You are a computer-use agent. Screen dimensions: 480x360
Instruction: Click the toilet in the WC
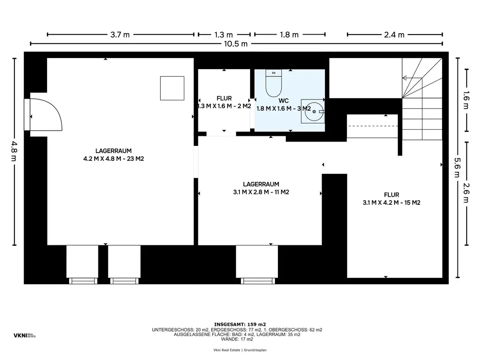coord(274,83)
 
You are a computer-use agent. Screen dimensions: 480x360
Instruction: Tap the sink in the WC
coord(312,111)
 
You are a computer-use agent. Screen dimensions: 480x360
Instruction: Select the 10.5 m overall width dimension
coord(235,44)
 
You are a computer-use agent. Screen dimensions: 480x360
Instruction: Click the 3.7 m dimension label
coord(120,35)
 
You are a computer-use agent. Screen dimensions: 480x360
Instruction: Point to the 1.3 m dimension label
coord(224,35)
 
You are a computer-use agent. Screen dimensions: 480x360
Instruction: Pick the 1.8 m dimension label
coord(289,35)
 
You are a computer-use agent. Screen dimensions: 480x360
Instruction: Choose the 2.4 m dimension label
coord(394,35)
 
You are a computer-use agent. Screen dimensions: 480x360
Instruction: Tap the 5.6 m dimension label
coord(457,167)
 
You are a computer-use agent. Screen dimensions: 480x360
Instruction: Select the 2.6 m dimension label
coord(466,193)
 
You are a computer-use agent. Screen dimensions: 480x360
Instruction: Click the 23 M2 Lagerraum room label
coord(114,155)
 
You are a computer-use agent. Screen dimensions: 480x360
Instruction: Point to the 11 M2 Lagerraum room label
coord(261,188)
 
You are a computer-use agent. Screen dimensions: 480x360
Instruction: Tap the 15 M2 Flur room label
coord(392,199)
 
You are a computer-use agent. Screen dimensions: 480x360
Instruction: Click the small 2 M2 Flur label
coord(224,102)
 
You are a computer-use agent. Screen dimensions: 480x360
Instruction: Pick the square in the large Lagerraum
coord(172,88)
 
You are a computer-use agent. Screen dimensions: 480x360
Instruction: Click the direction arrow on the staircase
coord(412,78)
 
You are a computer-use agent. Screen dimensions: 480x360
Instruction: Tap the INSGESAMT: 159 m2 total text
coord(240,324)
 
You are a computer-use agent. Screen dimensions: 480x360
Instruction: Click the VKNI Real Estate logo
coord(24,336)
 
